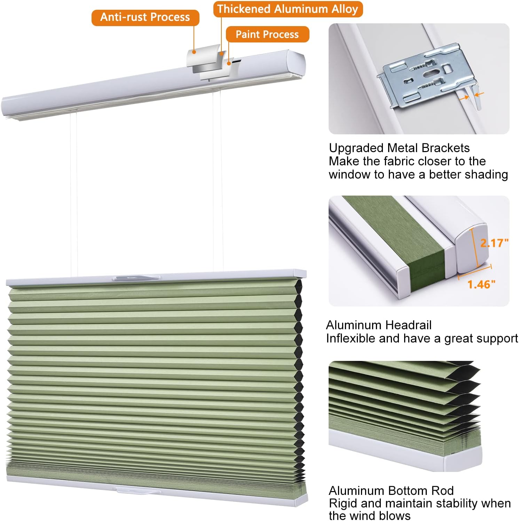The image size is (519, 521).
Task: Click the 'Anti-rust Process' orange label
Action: (145, 17)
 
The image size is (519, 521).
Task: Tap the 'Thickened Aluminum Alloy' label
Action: (288, 9)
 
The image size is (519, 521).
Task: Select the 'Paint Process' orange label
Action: (267, 34)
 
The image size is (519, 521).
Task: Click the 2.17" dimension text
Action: (494, 243)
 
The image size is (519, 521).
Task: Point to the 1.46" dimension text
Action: (481, 285)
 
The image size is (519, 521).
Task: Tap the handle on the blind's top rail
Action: (136, 278)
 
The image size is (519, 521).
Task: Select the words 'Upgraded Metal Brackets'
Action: (399, 148)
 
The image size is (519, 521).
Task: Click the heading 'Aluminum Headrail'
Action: (378, 325)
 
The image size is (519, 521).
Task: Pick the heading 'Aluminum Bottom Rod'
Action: (391, 491)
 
